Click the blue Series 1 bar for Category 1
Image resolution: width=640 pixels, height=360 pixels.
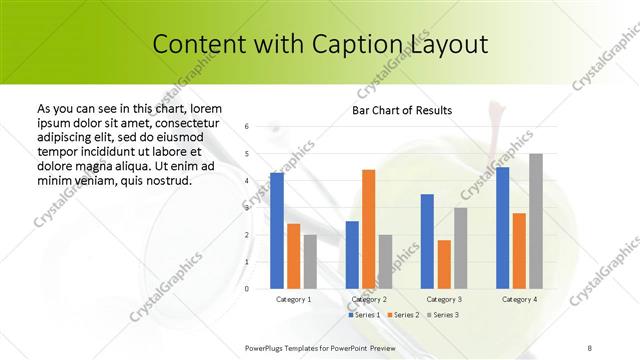277,231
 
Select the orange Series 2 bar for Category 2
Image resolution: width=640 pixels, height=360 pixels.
368,229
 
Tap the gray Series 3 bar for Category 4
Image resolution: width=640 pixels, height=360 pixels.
536,221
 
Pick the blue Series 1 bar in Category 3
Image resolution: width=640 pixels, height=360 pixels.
427,241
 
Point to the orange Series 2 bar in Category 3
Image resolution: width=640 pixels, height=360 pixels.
444,264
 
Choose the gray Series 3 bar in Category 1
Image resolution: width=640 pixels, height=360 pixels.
310,261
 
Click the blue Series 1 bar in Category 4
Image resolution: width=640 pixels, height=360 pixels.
502,228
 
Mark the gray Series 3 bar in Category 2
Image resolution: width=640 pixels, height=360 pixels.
385,261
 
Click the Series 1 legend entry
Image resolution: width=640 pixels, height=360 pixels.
364,315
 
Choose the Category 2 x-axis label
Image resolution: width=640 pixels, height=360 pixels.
369,299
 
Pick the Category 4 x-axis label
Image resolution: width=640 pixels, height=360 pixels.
519,299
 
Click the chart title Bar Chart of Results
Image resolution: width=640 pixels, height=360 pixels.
402,110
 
